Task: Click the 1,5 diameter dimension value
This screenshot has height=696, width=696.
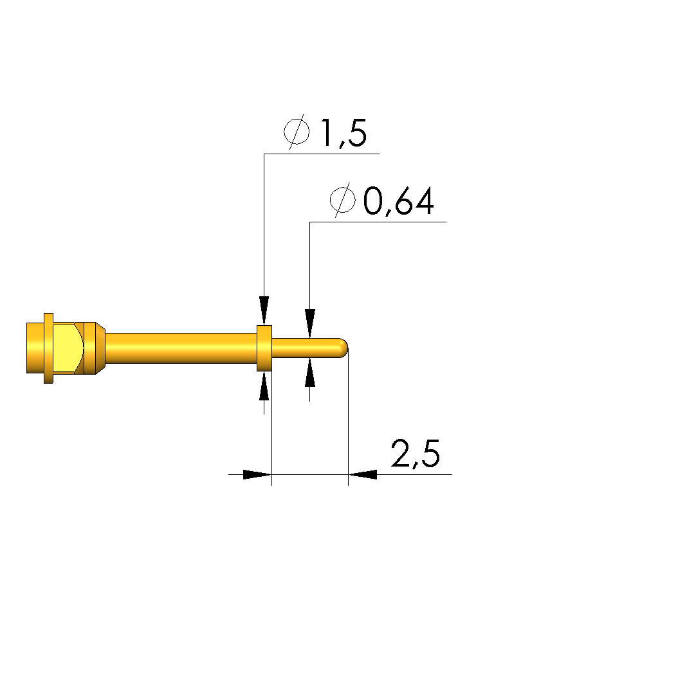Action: tap(343, 133)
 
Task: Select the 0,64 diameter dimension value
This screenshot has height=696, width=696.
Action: tap(398, 201)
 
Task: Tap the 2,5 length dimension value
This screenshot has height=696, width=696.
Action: tap(416, 454)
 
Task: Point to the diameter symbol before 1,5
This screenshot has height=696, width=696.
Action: tap(297, 131)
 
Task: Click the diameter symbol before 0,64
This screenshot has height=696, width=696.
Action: tap(342, 200)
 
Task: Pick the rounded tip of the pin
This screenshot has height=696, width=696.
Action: tap(343, 348)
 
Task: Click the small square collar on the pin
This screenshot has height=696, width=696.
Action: tap(264, 348)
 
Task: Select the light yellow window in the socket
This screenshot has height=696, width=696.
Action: tap(67, 348)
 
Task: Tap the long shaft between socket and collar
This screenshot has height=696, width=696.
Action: tap(181, 348)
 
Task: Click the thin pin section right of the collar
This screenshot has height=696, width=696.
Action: tap(306, 348)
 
